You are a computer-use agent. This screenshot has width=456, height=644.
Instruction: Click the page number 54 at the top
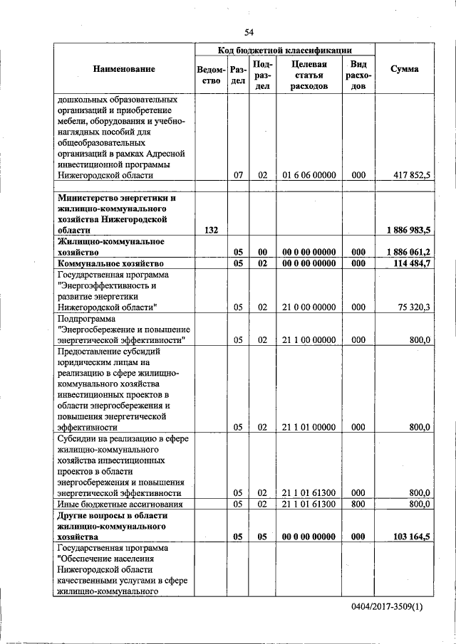coord(249,32)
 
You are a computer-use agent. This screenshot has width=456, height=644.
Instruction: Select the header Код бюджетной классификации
coord(284,50)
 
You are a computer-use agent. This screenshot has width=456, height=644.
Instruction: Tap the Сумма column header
coord(404,69)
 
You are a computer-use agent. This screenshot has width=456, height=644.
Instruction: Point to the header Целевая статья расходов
coord(309,75)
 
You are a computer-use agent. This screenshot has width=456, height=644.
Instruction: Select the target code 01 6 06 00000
coord(309,174)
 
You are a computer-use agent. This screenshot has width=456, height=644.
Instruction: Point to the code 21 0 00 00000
coord(309,307)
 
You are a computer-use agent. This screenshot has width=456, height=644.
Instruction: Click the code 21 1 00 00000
coord(309,340)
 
